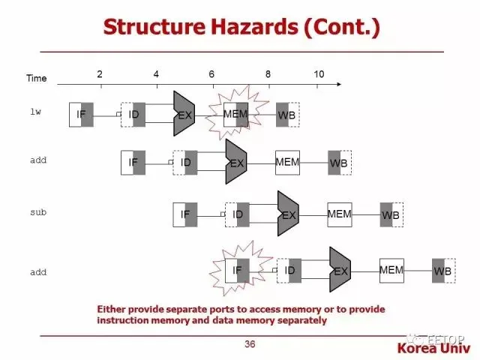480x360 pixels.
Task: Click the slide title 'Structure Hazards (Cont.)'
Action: tap(241, 27)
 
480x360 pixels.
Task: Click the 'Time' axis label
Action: tap(36, 78)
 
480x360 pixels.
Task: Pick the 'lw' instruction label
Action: tap(35, 112)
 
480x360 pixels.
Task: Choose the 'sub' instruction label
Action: tap(37, 212)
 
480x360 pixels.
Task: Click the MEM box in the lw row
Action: tap(235, 114)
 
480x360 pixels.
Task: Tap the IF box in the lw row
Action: tap(81, 114)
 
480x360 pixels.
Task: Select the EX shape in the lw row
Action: tap(184, 115)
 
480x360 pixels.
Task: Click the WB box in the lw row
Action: tap(287, 115)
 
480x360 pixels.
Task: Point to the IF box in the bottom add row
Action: tap(237, 270)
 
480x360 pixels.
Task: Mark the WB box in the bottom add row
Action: tap(443, 271)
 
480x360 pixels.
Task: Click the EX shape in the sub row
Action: tap(288, 214)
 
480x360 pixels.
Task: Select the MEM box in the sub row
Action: tap(340, 214)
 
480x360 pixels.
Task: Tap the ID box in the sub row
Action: tap(237, 214)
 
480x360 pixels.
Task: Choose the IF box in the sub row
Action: tap(185, 214)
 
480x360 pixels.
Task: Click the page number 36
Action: tap(250, 344)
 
